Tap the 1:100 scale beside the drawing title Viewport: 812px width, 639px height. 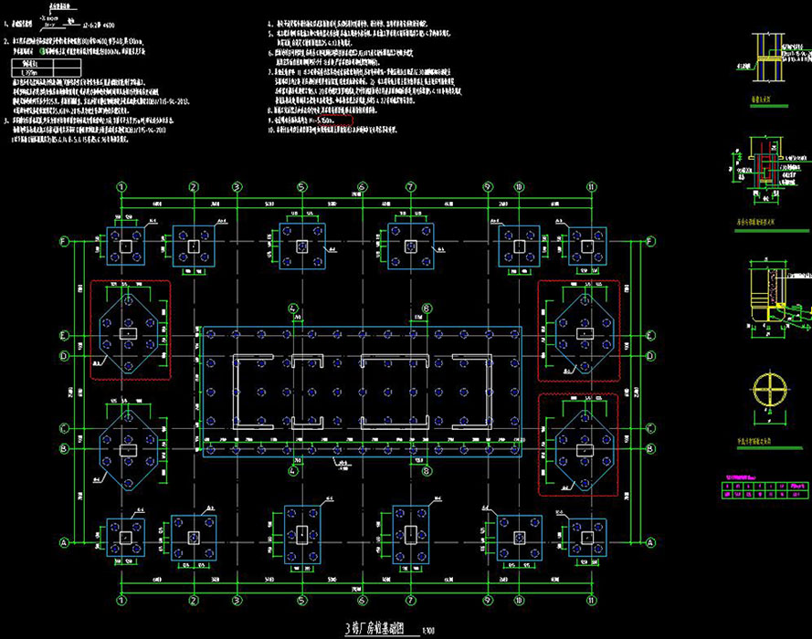coord(428,629)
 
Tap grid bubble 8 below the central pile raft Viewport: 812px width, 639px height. coord(427,472)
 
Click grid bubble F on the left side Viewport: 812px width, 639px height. coord(63,242)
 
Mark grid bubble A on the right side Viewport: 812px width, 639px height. coord(650,542)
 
